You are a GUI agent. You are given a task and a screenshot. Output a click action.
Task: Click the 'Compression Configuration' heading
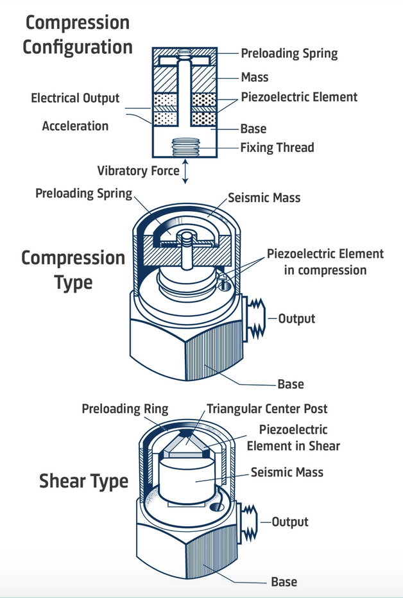[78, 35]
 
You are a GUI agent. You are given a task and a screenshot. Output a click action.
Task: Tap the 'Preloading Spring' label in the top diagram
[289, 53]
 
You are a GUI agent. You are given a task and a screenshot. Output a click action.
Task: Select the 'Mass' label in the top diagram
[254, 77]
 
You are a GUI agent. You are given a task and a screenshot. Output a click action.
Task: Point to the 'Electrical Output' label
[75, 98]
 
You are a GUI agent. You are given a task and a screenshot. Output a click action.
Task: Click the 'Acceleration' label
[75, 126]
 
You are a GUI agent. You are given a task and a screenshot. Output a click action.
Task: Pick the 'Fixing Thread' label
[277, 148]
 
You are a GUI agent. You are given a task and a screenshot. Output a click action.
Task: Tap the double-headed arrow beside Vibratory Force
[185, 172]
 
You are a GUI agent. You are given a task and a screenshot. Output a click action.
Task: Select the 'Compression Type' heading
[73, 269]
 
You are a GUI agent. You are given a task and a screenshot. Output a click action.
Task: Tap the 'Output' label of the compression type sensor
[296, 318]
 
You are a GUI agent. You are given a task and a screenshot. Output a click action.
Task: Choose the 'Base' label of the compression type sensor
[290, 384]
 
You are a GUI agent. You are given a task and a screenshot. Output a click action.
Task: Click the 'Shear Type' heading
[83, 481]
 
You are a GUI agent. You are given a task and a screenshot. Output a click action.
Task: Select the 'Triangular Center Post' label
[267, 408]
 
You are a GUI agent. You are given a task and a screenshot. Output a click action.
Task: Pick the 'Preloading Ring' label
[124, 408]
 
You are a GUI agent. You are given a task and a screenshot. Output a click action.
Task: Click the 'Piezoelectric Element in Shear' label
[293, 437]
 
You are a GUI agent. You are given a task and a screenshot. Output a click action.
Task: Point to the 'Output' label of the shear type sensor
[290, 522]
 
